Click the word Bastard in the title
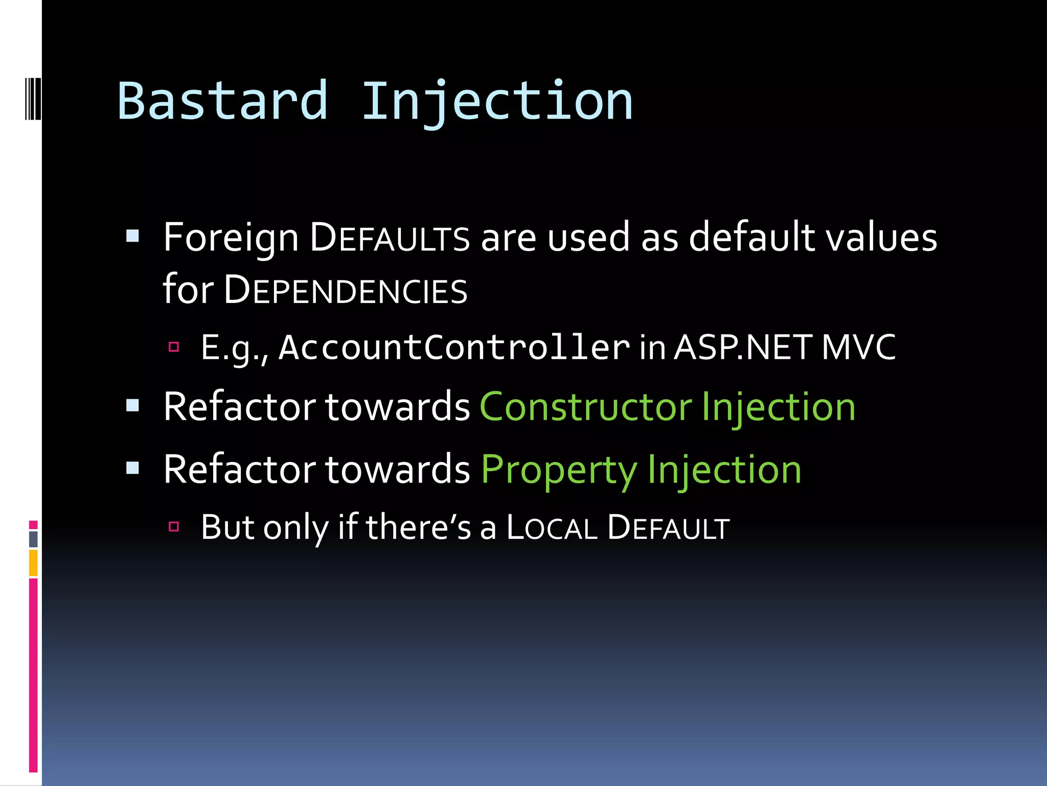222,101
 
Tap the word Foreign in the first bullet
231,238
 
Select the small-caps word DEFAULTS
390,238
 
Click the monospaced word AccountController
454,347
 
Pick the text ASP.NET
742,347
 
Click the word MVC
859,347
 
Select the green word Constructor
585,407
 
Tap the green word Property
559,470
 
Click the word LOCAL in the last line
552,528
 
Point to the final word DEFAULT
668,528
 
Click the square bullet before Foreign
133,236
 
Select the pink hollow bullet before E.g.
174,347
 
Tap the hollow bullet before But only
174,527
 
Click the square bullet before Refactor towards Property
133,468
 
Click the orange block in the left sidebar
33,563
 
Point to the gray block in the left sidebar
33,539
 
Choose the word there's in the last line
418,528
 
